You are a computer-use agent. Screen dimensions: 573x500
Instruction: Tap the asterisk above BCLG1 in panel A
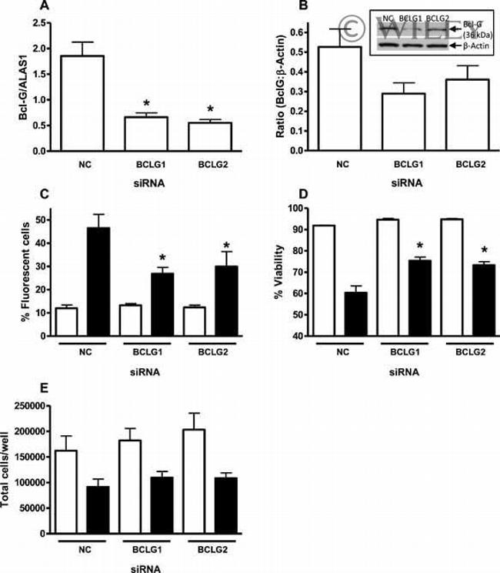click(x=146, y=103)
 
